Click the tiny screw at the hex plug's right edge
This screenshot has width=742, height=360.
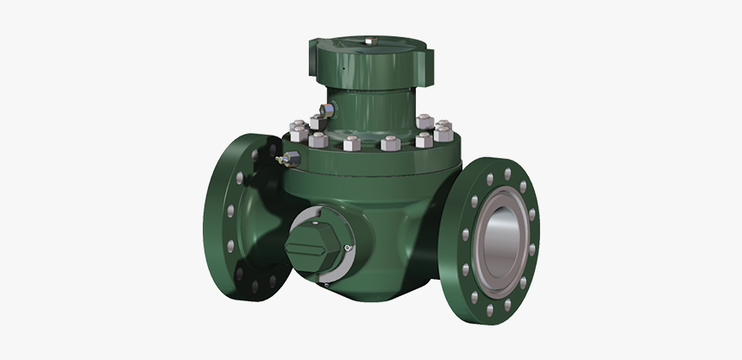click(346, 249)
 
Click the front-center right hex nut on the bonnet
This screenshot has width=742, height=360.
click(387, 143)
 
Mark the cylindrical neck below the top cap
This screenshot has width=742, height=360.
click(371, 104)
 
